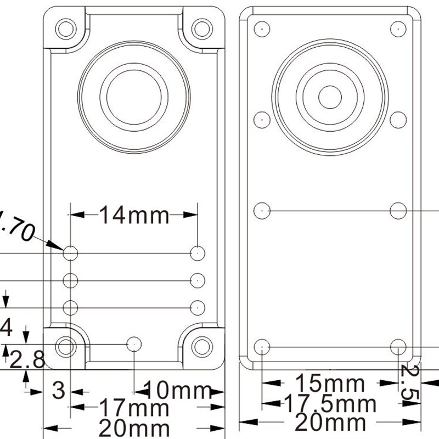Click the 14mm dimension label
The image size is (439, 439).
[x=134, y=216]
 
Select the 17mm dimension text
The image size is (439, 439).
[x=134, y=408]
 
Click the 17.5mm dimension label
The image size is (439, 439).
[x=330, y=405]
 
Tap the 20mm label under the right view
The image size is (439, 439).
[x=330, y=423]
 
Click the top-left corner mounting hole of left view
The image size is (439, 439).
[x=66, y=27]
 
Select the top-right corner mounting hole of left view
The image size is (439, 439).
[x=202, y=27]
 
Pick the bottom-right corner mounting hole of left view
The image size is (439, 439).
[x=202, y=346]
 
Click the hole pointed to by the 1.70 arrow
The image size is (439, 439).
[x=71, y=253]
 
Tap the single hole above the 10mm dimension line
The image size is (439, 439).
[x=134, y=344]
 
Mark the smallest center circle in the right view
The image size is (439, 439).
[x=330, y=97]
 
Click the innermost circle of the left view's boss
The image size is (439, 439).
[x=134, y=97]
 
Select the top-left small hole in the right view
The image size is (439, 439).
[x=263, y=28]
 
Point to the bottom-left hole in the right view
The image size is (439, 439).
[x=263, y=346]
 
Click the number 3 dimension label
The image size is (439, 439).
[x=58, y=391]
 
